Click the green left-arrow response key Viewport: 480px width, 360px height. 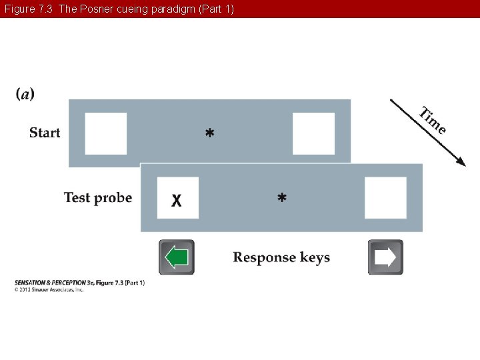point(177,257)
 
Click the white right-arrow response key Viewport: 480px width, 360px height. point(385,257)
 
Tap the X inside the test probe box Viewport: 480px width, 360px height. point(177,200)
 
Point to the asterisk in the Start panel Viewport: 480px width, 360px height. point(210,134)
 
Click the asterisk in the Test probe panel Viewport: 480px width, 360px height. point(282,198)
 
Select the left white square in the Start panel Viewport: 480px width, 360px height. point(105,133)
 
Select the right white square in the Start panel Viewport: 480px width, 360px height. point(313,133)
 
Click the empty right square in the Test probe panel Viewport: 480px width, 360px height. point(385,197)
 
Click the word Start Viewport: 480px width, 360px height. point(45,133)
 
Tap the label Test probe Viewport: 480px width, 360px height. point(98,197)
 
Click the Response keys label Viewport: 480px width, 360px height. point(281,257)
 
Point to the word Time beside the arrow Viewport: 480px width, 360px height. point(433,120)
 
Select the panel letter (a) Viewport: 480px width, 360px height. point(25,94)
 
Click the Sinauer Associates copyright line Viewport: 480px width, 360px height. point(49,289)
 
